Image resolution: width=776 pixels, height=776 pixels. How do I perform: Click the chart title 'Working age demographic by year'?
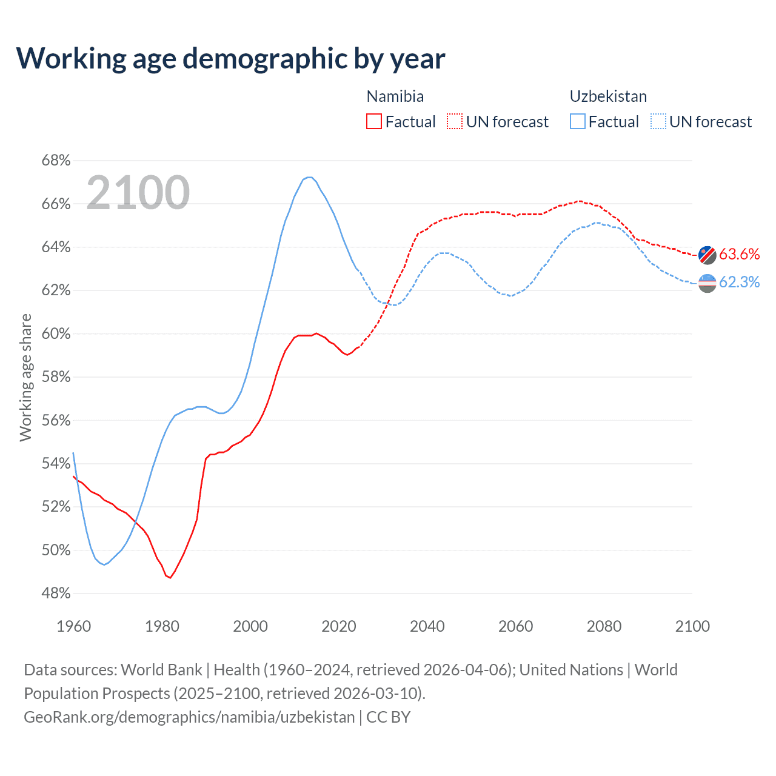pyautogui.click(x=230, y=58)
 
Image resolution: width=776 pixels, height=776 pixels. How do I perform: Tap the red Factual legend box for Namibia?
pyautogui.click(x=374, y=122)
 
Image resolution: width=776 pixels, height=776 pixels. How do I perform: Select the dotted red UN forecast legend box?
pyautogui.click(x=455, y=122)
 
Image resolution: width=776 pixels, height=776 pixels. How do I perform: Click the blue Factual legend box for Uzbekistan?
pyautogui.click(x=578, y=122)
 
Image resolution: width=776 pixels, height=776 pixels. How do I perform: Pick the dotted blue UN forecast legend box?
pyautogui.click(x=658, y=122)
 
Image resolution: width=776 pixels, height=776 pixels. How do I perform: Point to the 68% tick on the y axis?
pyautogui.click(x=56, y=161)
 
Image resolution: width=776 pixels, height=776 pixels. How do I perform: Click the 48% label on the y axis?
pyautogui.click(x=56, y=594)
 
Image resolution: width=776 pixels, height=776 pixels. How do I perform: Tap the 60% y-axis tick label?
pyautogui.click(x=56, y=334)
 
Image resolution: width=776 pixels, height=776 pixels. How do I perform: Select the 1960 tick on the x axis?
pyautogui.click(x=73, y=626)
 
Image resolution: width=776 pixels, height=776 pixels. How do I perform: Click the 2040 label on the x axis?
pyautogui.click(x=427, y=626)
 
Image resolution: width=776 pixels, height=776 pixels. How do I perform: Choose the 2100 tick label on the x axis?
pyautogui.click(x=692, y=626)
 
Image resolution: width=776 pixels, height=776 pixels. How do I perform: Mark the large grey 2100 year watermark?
pyautogui.click(x=138, y=193)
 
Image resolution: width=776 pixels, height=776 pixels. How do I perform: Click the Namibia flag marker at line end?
pyautogui.click(x=707, y=255)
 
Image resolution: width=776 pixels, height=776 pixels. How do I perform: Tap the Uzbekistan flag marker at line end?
pyautogui.click(x=707, y=283)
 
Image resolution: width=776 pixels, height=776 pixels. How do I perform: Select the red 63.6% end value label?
pyautogui.click(x=740, y=254)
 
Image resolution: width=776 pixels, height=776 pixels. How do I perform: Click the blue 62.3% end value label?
pyautogui.click(x=740, y=282)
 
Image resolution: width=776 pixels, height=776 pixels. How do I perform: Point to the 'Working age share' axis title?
pyautogui.click(x=25, y=377)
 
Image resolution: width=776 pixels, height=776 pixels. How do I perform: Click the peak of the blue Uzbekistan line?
pyautogui.click(x=309, y=177)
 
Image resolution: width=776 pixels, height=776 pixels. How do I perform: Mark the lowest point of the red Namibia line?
pyautogui.click(x=170, y=578)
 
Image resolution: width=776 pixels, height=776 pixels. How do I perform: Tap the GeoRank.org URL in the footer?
pyautogui.click(x=189, y=717)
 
